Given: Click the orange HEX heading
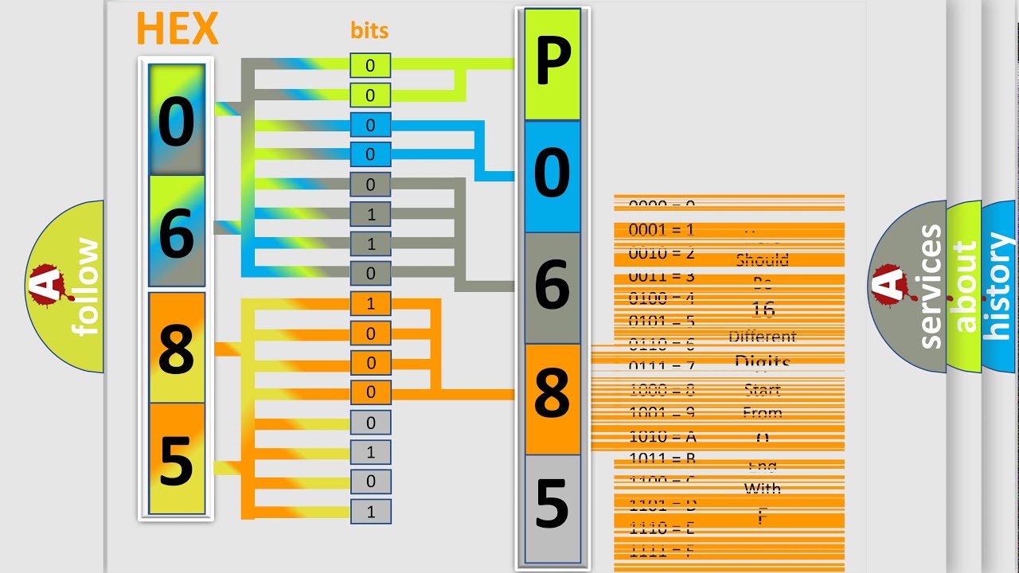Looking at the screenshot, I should tap(177, 29).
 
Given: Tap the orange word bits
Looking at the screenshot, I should tap(369, 31).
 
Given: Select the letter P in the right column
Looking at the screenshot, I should tap(552, 64).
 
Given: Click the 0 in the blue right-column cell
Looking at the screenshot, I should tap(552, 176).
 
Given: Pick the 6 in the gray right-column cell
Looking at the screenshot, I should tap(552, 287).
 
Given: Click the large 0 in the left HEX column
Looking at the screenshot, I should tap(176, 122).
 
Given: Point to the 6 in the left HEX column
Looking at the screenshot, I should tap(176, 233).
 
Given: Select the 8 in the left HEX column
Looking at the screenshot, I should tap(176, 349).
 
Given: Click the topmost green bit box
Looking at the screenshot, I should tap(370, 65).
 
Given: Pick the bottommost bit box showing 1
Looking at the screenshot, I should tap(370, 512).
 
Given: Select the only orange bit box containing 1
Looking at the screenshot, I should tap(370, 303).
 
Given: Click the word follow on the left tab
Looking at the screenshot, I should tap(86, 286).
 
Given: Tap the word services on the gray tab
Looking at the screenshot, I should tap(930, 286).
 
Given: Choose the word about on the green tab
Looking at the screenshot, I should tap(964, 286).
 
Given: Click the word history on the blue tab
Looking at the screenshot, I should tap(999, 286).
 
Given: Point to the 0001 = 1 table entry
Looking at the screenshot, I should tap(662, 230).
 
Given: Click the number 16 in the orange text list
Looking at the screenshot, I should tap(762, 309).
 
